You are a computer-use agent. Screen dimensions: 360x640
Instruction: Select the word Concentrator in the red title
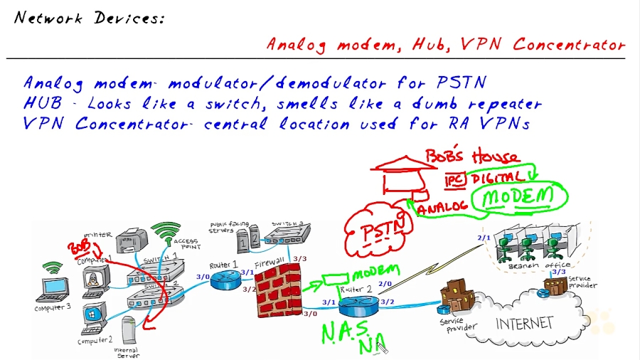569,44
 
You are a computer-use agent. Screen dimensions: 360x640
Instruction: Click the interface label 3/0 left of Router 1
203,277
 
